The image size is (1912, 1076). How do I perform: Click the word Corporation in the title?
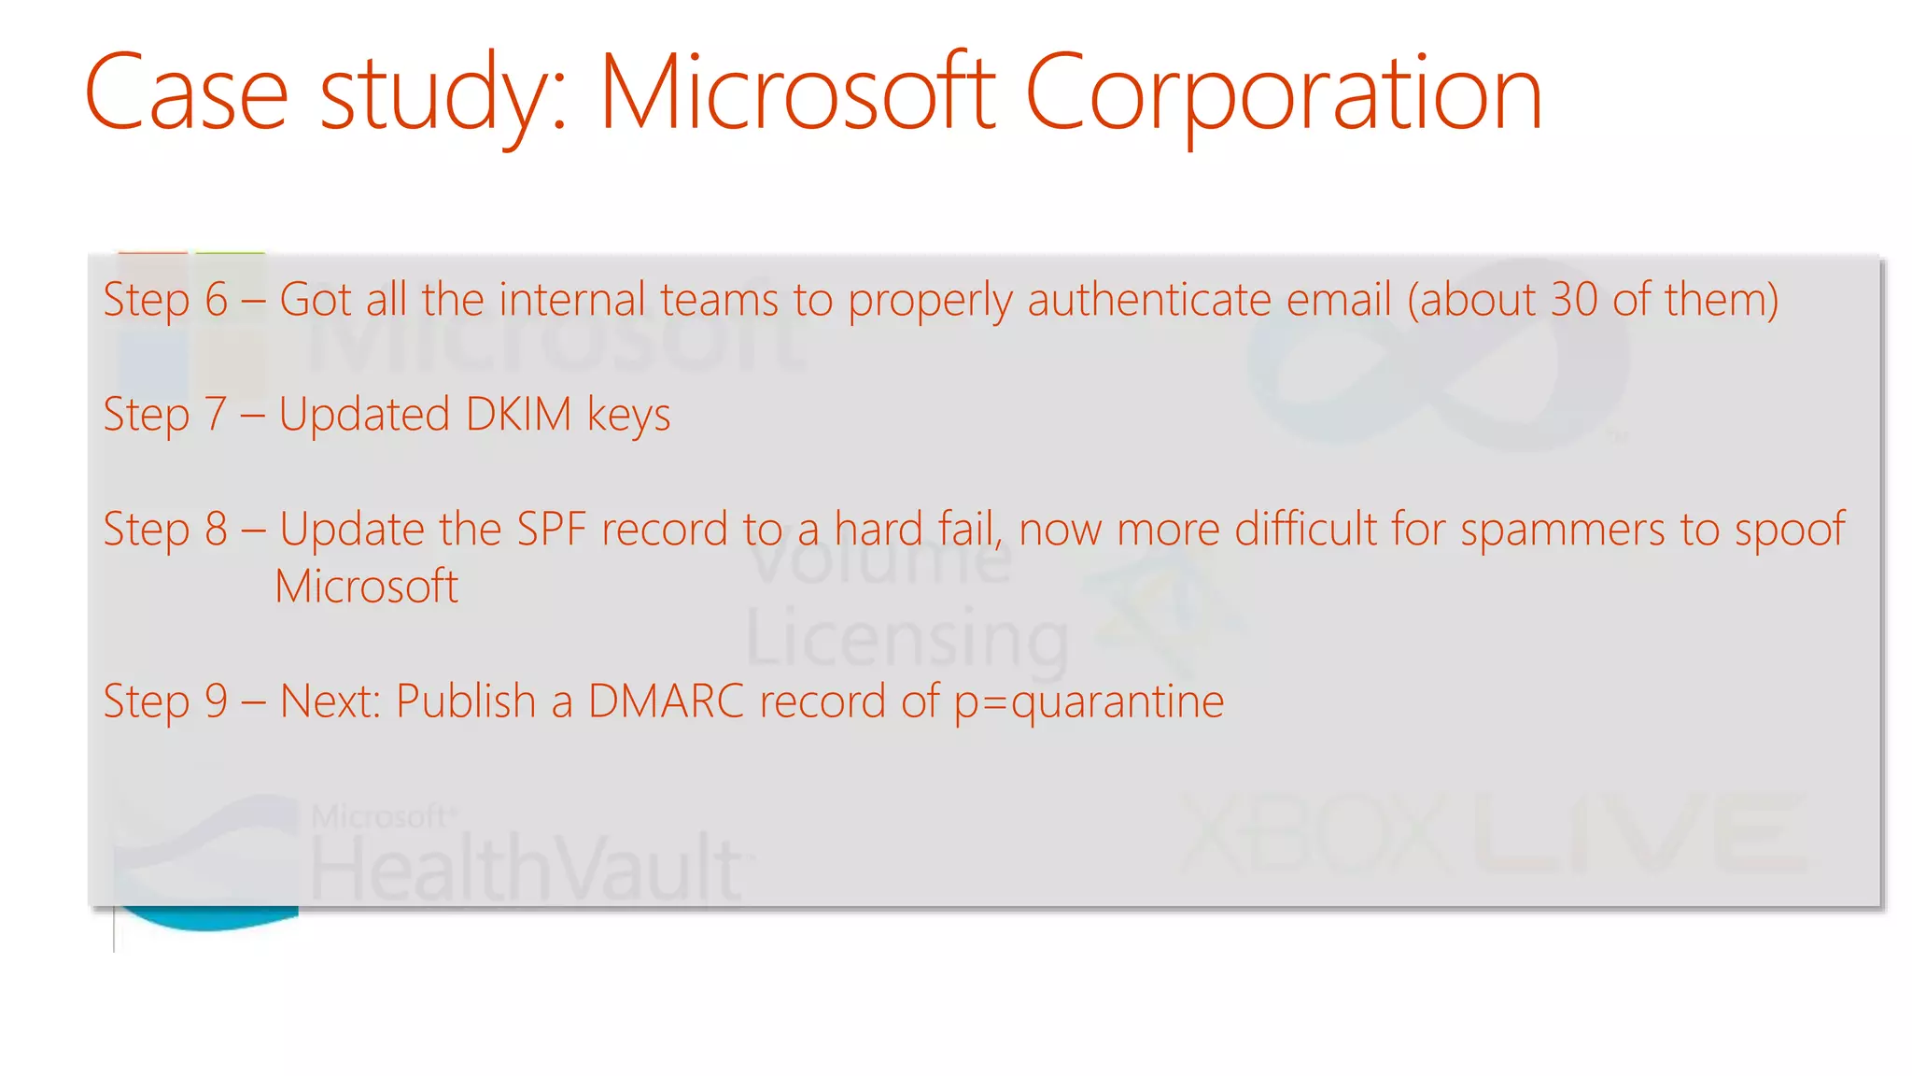1283,93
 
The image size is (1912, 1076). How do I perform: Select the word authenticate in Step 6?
1148,300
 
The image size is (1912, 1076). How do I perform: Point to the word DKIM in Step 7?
518,415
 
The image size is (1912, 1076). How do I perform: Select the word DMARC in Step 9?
666,701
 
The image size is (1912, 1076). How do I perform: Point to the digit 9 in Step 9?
217,701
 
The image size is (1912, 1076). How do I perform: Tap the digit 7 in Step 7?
216,415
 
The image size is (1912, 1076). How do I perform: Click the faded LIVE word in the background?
1639,834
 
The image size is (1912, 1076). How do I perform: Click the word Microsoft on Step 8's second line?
367,588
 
